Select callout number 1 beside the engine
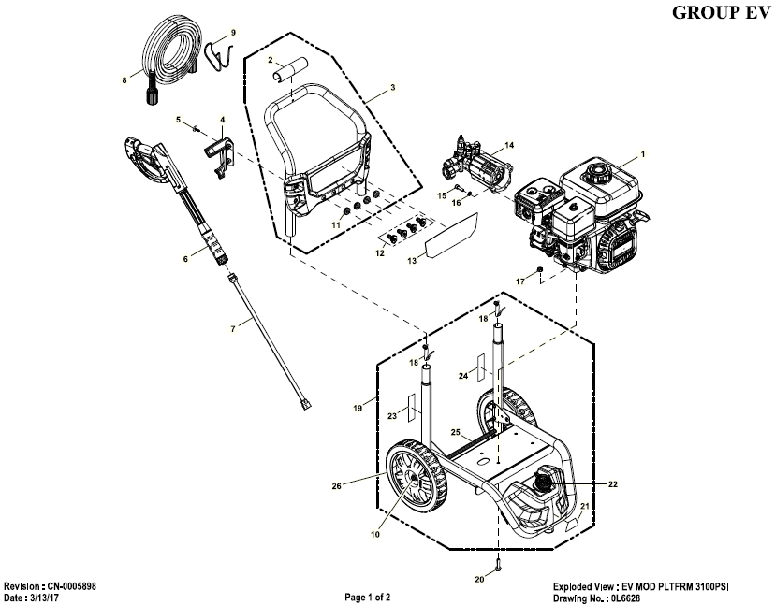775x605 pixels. (x=643, y=152)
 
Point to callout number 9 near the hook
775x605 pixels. (x=233, y=33)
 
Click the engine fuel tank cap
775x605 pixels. (x=593, y=174)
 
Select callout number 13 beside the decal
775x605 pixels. (x=409, y=263)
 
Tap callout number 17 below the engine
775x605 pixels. (x=519, y=281)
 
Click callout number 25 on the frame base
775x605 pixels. (x=456, y=433)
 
